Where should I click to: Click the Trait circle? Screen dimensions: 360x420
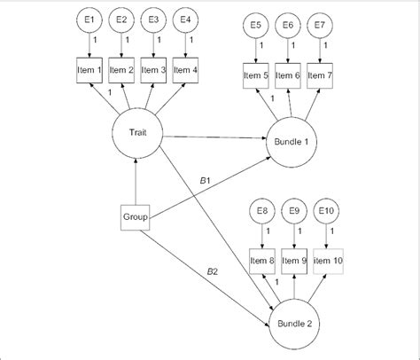tap(135, 135)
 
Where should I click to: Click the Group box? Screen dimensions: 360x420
tap(135, 215)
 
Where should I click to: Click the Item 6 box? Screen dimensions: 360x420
tap(290, 75)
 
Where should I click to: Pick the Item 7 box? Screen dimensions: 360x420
tap(323, 75)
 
